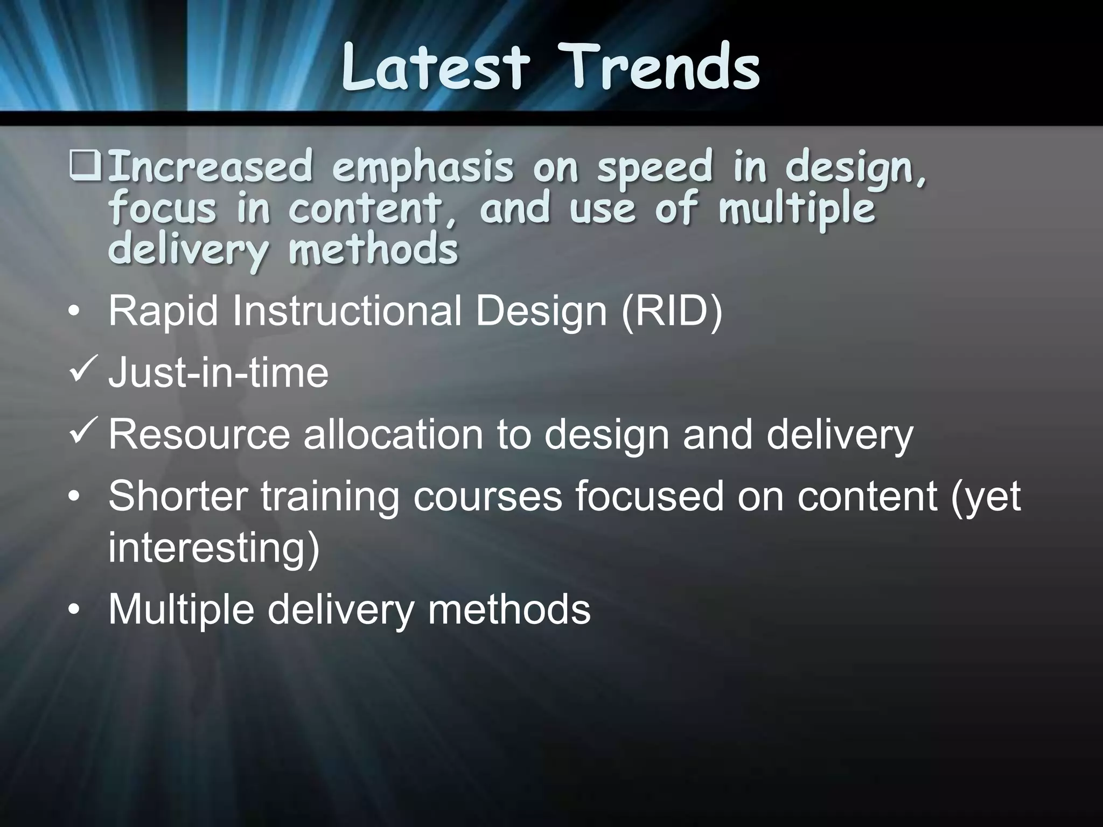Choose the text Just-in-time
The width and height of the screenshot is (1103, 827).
pyautogui.click(x=218, y=373)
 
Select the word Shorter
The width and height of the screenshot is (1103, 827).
pyautogui.click(x=178, y=496)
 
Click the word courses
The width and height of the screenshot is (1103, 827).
pyautogui.click(x=487, y=496)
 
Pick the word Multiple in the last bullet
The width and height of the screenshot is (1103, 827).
pyautogui.click(x=181, y=610)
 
